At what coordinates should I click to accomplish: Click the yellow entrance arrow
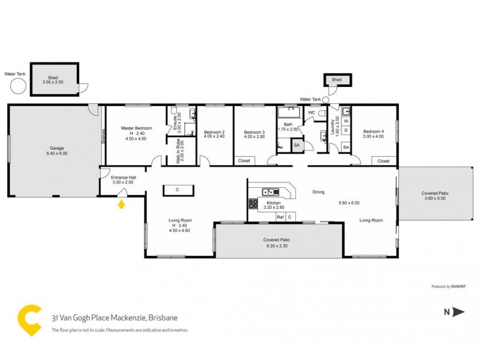tap(121, 204)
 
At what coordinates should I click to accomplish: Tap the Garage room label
tap(56, 151)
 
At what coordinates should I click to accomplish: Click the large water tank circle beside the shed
tap(18, 86)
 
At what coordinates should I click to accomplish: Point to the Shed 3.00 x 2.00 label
tap(55, 82)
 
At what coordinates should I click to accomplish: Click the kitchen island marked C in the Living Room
tap(178, 190)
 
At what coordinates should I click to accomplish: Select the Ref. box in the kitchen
tap(280, 217)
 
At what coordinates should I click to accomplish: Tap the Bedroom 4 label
tap(373, 133)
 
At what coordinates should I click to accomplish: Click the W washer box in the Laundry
tap(346, 121)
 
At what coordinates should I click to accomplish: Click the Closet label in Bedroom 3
tap(244, 161)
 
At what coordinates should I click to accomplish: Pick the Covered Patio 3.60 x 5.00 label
tap(436, 196)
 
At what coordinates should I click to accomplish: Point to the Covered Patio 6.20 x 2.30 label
tap(278, 242)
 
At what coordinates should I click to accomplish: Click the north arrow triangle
tap(459, 311)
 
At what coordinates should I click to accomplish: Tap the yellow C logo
tap(30, 320)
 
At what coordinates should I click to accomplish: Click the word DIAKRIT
tap(458, 287)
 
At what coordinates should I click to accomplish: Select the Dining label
tap(318, 192)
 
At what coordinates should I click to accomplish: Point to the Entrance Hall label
tap(123, 179)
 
